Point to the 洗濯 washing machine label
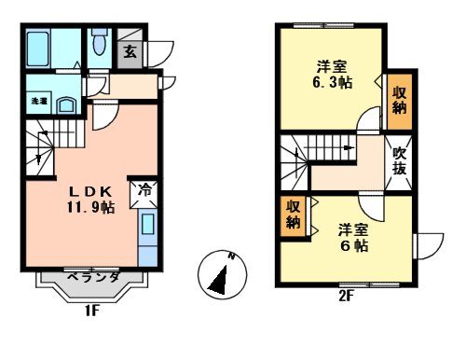[38, 100]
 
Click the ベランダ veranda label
[91, 277]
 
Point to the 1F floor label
[90, 311]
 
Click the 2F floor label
[346, 301]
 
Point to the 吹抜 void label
[400, 160]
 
